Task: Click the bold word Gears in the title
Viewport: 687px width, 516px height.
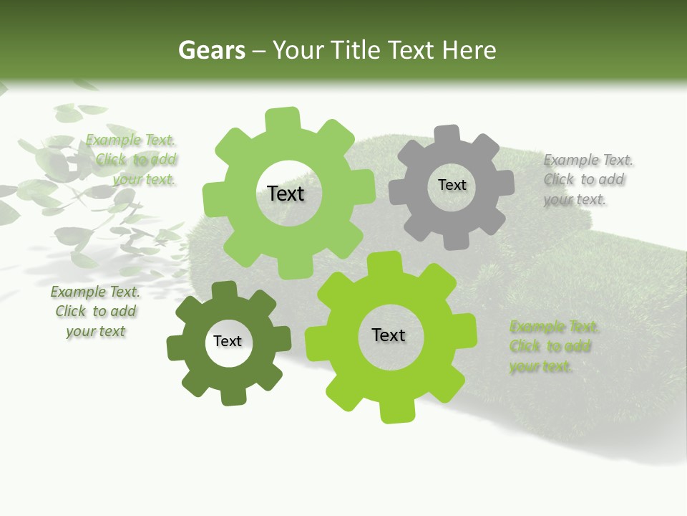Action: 212,50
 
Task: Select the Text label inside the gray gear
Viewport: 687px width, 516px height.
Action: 452,185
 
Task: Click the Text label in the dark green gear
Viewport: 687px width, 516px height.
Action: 228,341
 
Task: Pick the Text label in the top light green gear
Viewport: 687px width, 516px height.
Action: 286,193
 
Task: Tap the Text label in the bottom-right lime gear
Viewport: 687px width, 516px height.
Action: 389,335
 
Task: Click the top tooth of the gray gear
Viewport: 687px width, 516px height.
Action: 448,135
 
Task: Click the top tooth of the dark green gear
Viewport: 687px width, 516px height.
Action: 225,290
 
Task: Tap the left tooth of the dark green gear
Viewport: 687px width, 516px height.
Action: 176,348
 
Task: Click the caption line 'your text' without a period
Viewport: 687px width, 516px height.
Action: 95,331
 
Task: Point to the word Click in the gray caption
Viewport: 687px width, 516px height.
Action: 559,179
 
